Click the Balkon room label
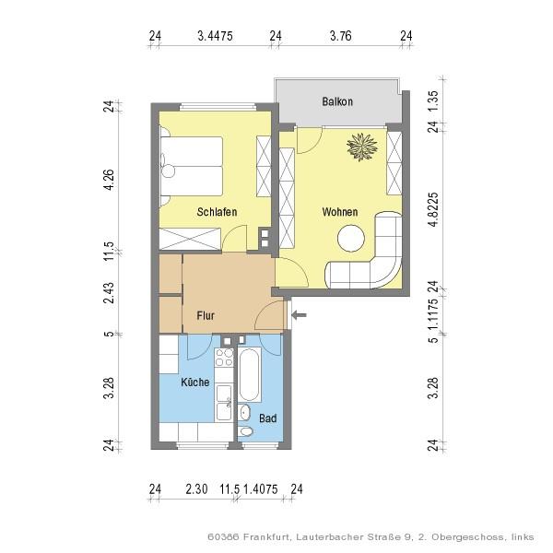tap(337, 101)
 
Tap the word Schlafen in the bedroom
tap(217, 212)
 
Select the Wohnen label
tap(339, 212)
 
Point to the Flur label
tap(206, 315)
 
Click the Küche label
tap(195, 382)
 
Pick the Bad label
tap(267, 418)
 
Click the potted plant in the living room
tap(362, 147)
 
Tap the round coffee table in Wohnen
tap(351, 239)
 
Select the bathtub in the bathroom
tap(249, 374)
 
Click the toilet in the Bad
tap(245, 431)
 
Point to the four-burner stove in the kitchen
tap(224, 358)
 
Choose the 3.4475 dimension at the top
tap(215, 36)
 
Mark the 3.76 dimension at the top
tap(341, 36)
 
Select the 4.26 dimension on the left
tap(110, 180)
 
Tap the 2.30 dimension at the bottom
tap(196, 489)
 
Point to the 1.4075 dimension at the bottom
tap(261, 489)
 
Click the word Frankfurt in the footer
tap(267, 537)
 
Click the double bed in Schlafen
tap(192, 166)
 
